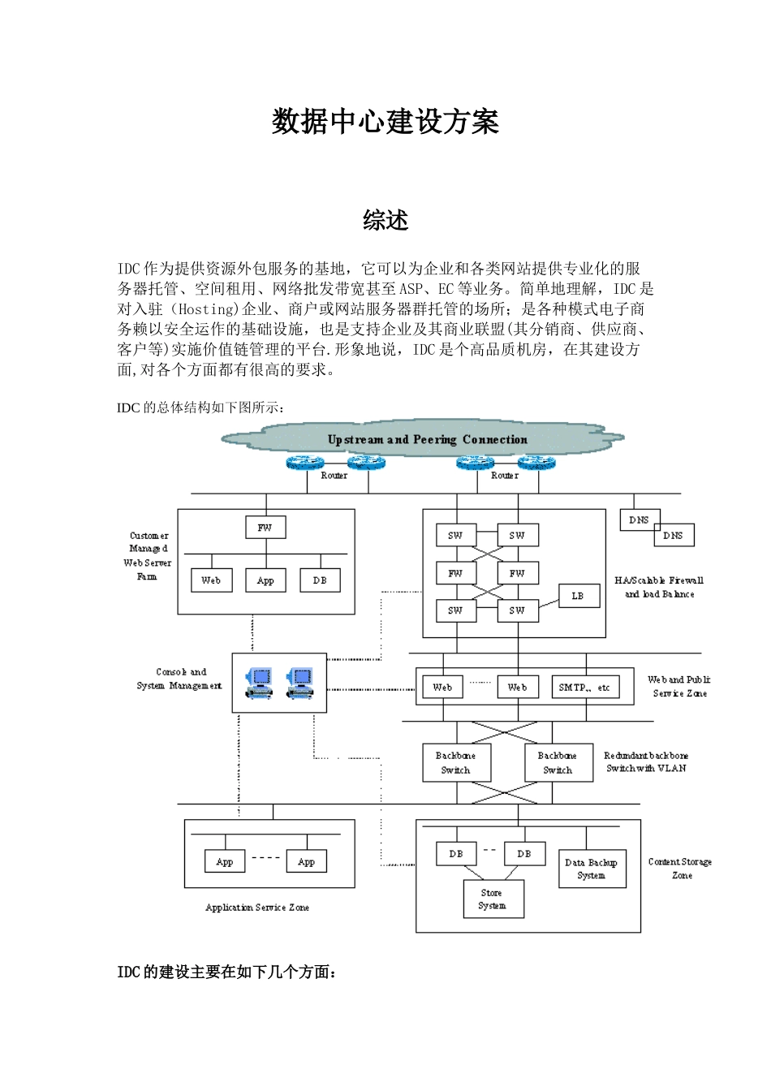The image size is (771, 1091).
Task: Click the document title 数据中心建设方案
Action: pyautogui.click(x=385, y=122)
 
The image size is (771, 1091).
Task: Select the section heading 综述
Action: pyautogui.click(x=385, y=220)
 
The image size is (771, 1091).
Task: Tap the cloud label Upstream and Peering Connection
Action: pyautogui.click(x=427, y=439)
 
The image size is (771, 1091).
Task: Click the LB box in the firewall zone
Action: pyautogui.click(x=579, y=596)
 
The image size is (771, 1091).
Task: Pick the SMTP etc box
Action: pyautogui.click(x=584, y=687)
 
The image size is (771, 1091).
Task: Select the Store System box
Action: pyautogui.click(x=493, y=899)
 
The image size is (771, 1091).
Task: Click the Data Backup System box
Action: pyautogui.click(x=592, y=869)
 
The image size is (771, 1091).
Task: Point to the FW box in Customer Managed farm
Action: pyautogui.click(x=265, y=528)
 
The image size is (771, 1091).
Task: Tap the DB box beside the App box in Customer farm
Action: pyautogui.click(x=320, y=580)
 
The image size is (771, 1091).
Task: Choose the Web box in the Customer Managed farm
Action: pyautogui.click(x=211, y=580)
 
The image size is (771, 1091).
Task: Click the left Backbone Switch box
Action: pyautogui.click(x=456, y=763)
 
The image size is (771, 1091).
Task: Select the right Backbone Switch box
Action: pyautogui.click(x=558, y=763)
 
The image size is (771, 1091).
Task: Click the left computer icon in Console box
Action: pyautogui.click(x=260, y=683)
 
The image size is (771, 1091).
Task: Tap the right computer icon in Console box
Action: pyautogui.click(x=299, y=683)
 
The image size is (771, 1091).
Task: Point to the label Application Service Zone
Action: pyautogui.click(x=257, y=908)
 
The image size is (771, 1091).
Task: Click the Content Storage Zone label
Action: pyautogui.click(x=680, y=869)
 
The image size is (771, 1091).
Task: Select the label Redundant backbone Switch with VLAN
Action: pyautogui.click(x=646, y=761)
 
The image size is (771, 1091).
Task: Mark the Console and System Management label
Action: pyautogui.click(x=180, y=679)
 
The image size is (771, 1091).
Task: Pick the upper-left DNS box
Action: pyautogui.click(x=640, y=520)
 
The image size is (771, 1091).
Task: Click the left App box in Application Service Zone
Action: pyautogui.click(x=225, y=862)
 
